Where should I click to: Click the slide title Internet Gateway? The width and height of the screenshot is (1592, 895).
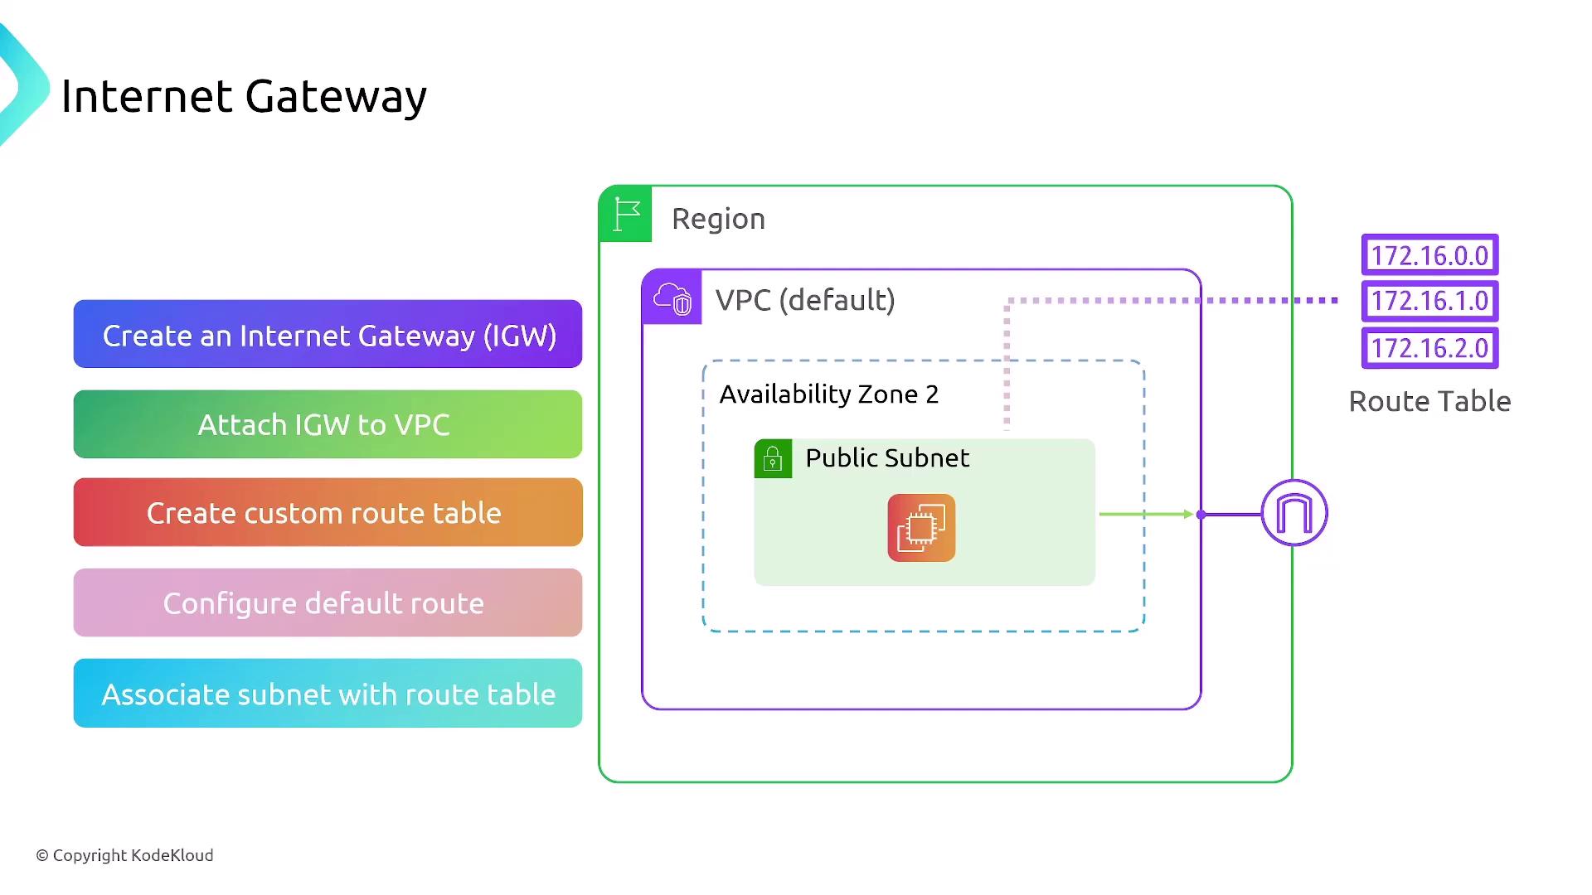pyautogui.click(x=244, y=96)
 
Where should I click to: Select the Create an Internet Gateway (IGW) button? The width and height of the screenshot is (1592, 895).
pyautogui.click(x=328, y=334)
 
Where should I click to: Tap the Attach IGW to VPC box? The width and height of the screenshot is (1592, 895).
pyautogui.click(x=328, y=424)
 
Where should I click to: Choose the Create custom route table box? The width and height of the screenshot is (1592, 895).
pyautogui.click(x=328, y=512)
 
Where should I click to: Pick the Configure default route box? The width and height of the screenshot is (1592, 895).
pyautogui.click(x=328, y=602)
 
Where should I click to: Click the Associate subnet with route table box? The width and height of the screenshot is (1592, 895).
pyautogui.click(x=328, y=694)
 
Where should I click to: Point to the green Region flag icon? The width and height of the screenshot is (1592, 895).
pyautogui.click(x=626, y=215)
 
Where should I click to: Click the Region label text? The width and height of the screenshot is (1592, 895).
pyautogui.click(x=718, y=219)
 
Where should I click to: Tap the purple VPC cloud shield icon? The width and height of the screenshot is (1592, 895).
pyautogui.click(x=672, y=298)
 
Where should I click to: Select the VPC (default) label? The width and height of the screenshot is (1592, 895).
pyautogui.click(x=805, y=300)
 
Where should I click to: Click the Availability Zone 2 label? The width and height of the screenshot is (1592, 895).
pyautogui.click(x=828, y=394)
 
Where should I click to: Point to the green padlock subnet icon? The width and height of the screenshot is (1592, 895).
pyautogui.click(x=773, y=458)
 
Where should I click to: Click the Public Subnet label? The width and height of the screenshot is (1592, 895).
pyautogui.click(x=887, y=458)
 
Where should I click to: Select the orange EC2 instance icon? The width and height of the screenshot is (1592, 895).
pyautogui.click(x=921, y=528)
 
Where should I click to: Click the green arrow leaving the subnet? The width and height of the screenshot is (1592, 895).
pyautogui.click(x=1145, y=515)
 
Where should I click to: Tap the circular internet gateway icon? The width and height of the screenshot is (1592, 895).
pyautogui.click(x=1294, y=513)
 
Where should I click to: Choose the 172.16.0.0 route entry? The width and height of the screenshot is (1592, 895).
pyautogui.click(x=1429, y=255)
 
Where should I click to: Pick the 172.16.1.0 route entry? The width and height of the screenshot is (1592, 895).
pyautogui.click(x=1429, y=301)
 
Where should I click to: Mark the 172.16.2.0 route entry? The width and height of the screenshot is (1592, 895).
pyautogui.click(x=1429, y=348)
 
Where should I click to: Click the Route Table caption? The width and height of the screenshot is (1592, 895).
pyautogui.click(x=1429, y=402)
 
